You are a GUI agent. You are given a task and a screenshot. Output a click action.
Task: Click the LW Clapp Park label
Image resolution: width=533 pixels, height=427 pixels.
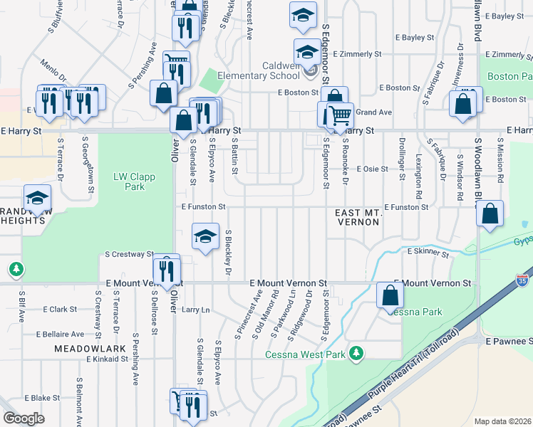tap(129, 181)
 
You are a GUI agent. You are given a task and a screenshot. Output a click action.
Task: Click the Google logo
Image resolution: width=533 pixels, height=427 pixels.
tap(24, 418)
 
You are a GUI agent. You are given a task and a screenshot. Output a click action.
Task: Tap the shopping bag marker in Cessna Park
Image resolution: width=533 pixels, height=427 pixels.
tap(390, 295)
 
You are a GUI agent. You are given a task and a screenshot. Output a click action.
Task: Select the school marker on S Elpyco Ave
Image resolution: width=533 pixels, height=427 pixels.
tap(205, 237)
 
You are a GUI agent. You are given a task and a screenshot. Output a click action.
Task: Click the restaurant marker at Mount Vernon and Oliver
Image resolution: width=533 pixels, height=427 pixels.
tap(166, 271)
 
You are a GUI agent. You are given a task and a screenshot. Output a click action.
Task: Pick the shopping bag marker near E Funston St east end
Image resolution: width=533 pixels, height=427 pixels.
tap(490, 213)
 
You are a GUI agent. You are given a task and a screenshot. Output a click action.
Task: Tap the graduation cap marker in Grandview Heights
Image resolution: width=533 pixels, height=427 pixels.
tap(37, 198)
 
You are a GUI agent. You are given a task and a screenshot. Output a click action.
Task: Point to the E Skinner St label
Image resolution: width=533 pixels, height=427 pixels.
tap(428, 252)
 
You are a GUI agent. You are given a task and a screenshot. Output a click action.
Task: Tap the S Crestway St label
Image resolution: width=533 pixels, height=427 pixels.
tap(130, 253)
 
